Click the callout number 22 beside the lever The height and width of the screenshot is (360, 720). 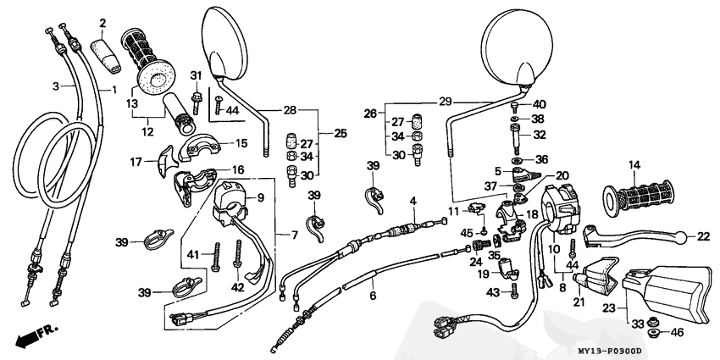click(x=703, y=237)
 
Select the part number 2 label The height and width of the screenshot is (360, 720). click(x=102, y=23)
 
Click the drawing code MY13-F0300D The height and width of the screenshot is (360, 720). click(x=609, y=352)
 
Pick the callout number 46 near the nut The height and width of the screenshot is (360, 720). click(x=677, y=331)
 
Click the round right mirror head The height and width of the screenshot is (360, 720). click(x=516, y=48)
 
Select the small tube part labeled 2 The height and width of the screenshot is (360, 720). click(x=106, y=57)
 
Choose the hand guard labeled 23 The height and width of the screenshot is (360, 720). click(x=668, y=292)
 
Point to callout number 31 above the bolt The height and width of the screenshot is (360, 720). click(x=196, y=75)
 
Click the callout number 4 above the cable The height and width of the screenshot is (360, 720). click(x=413, y=201)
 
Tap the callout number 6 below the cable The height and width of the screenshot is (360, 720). click(x=373, y=296)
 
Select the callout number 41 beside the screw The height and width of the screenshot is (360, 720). click(x=193, y=254)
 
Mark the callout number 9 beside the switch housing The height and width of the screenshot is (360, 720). click(x=260, y=198)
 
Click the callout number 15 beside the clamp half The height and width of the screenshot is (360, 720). click(x=241, y=143)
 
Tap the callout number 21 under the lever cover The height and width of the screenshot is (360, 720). click(x=579, y=302)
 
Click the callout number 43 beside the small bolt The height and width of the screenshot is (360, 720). click(x=493, y=291)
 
